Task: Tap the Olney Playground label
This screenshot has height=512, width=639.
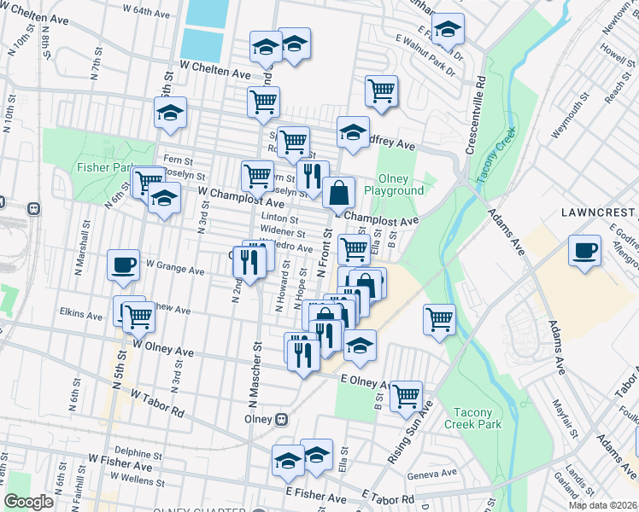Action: coord(394,184)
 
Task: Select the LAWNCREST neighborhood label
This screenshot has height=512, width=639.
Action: coord(598,212)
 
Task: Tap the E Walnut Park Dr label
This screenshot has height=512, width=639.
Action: coord(427,49)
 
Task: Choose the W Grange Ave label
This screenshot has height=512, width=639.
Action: coord(174,271)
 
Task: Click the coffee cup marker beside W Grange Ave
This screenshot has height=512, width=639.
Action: coord(124,265)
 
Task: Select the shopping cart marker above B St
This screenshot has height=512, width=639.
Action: coord(407,395)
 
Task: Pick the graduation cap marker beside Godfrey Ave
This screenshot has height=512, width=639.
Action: coord(353,133)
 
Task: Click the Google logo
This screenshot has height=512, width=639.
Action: coord(28,502)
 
